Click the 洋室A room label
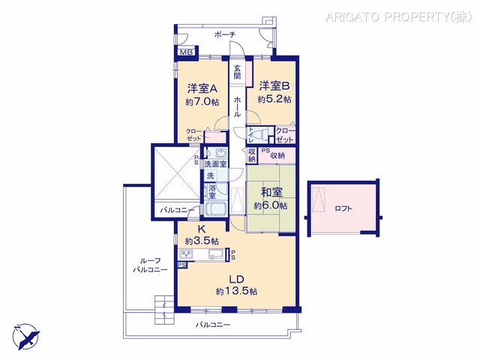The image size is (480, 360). [202, 88]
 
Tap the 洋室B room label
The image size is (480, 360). [274, 86]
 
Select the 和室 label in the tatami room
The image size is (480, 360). [271, 192]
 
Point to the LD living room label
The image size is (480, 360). [237, 279]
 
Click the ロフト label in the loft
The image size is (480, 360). [343, 208]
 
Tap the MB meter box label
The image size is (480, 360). [186, 52]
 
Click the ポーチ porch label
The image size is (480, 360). [225, 34]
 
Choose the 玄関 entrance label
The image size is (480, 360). [237, 72]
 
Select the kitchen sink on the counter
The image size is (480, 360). [217, 254]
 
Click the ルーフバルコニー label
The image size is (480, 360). [150, 265]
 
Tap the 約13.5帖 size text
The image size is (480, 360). [236, 291]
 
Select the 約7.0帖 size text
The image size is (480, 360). [202, 102]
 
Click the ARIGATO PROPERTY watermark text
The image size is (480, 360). [398, 17]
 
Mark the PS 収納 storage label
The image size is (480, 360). [273, 154]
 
